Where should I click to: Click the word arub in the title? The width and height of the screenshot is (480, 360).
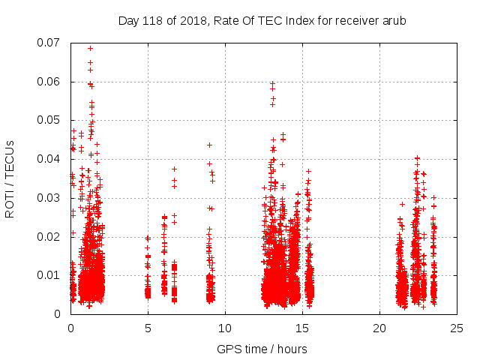click(x=393, y=21)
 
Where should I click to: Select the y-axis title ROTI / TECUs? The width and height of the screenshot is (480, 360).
click(x=10, y=178)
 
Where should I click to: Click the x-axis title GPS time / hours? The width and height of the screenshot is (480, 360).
click(x=262, y=349)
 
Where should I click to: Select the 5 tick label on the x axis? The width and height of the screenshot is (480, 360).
click(x=148, y=328)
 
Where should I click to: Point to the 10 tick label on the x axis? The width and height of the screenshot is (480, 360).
click(x=225, y=328)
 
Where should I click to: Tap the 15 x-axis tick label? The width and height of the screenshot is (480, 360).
click(x=302, y=328)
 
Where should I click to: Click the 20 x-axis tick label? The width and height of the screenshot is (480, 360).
click(x=379, y=328)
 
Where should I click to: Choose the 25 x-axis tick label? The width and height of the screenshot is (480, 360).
click(x=457, y=328)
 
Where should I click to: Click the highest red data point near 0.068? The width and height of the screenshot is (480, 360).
click(x=90, y=48)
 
